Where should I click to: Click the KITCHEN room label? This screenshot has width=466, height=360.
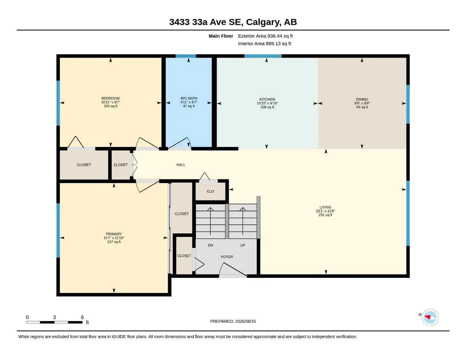click(267, 99)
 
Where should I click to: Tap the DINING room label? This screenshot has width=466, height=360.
click(362, 99)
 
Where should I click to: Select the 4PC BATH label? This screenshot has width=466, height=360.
click(189, 98)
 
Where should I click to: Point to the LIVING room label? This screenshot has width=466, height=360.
click(325, 207)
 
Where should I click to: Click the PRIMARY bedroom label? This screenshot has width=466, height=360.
click(114, 234)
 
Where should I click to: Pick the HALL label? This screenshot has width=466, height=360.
click(181, 165)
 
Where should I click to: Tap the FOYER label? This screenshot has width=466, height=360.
click(227, 257)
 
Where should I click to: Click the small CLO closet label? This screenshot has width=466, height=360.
click(210, 191)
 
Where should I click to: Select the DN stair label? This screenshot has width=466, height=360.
click(210, 245)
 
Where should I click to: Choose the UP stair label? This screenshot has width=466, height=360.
click(243, 245)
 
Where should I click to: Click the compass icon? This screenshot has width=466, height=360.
click(430, 317)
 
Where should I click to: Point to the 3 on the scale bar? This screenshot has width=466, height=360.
click(54, 317)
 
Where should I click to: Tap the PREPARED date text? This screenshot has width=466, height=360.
click(233, 321)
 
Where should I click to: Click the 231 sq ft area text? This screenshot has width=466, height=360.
click(325, 215)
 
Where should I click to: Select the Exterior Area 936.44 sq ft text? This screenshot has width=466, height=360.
click(265, 36)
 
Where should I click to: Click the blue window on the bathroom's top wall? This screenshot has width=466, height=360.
click(186, 56)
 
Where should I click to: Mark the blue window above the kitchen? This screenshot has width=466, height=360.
click(263, 56)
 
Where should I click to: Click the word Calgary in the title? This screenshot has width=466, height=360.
click(263, 22)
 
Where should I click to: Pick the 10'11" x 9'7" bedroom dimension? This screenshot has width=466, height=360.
click(110, 102)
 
